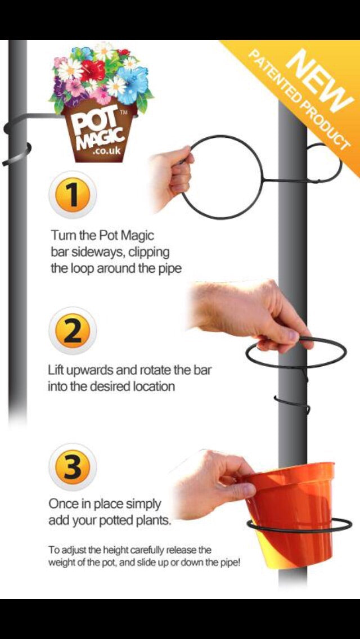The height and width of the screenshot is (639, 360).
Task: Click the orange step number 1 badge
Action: pos(73,195)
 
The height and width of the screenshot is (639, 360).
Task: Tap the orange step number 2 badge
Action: pos(73,331)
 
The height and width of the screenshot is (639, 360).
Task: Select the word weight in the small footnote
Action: pos(62,562)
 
